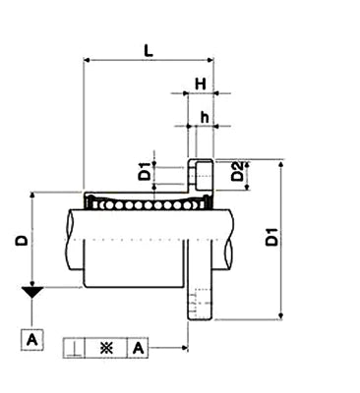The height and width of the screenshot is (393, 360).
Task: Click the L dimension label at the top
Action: [x=146, y=46]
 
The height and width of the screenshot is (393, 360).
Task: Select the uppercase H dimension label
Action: [x=200, y=84]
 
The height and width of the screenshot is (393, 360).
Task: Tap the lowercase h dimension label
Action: [x=204, y=117]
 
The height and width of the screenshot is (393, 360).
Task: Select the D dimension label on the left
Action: [x=22, y=240]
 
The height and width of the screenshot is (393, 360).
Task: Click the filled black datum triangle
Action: [x=32, y=293]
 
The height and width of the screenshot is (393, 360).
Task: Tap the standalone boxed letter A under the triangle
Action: [x=32, y=340]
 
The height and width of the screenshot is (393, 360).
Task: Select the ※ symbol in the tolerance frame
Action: [x=105, y=348]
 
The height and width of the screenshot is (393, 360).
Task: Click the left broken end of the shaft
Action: [x=69, y=241]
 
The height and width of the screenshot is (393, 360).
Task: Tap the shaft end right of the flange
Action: [x=225, y=241]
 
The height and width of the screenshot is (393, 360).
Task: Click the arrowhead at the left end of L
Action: [x=88, y=60]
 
